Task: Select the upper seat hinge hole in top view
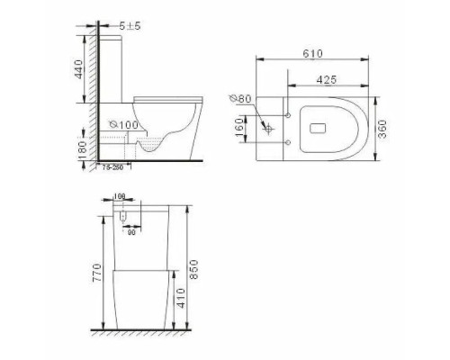point(288,115)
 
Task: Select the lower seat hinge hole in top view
point(288,142)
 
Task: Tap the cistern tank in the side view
point(115,67)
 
